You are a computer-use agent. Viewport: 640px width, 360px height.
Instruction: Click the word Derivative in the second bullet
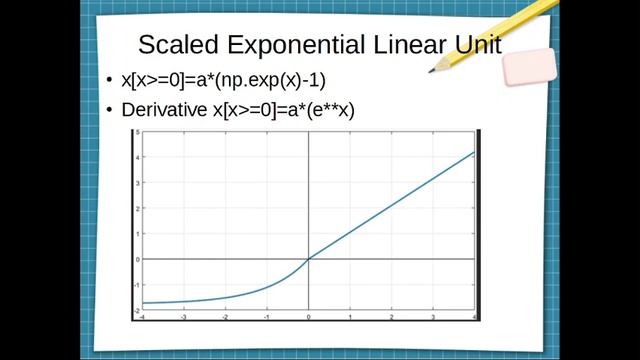coord(164,111)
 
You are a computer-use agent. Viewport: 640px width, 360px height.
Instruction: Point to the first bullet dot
coord(110,82)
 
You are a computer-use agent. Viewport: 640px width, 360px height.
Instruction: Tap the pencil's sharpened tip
coord(433,70)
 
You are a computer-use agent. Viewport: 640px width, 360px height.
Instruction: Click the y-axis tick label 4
coord(137,155)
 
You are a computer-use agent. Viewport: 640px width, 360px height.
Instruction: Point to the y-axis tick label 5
coord(137,130)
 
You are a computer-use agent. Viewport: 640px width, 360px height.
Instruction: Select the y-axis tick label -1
coord(136,285)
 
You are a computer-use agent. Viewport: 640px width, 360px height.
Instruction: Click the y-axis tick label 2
coord(137,207)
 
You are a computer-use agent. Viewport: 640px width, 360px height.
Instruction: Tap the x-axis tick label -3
coord(183,317)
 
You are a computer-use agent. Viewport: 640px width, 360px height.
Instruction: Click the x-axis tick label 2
coord(391,317)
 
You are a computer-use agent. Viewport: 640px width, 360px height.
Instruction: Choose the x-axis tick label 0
coord(308,317)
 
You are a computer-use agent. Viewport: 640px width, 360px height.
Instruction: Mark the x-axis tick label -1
coord(266,317)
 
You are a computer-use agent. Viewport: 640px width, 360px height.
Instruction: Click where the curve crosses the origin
coord(308,259)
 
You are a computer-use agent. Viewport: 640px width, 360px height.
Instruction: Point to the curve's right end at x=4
coord(474,152)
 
